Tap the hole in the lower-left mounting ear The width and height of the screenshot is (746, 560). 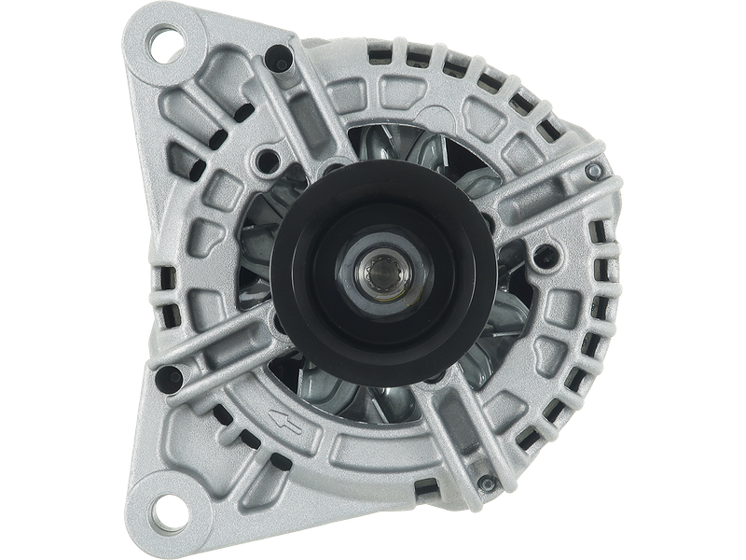click(x=173, y=512)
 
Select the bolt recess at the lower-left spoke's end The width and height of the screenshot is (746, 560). click(x=171, y=377)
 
